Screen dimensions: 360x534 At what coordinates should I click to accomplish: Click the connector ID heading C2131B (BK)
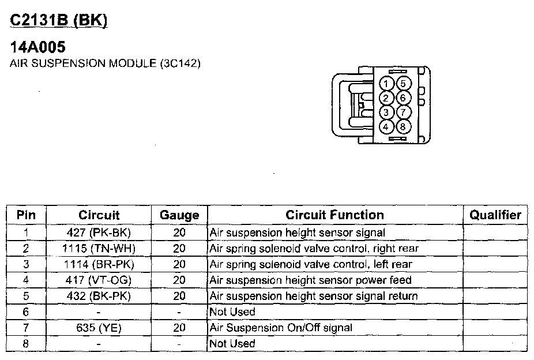[59, 20]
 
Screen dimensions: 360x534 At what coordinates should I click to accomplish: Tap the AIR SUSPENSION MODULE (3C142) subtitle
[105, 63]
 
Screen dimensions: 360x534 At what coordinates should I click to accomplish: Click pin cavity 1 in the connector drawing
[388, 84]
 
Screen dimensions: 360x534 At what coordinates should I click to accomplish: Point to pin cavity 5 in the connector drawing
[403, 84]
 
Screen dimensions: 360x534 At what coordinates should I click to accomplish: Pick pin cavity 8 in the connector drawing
[403, 126]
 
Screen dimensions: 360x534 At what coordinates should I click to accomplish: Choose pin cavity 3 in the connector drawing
[388, 112]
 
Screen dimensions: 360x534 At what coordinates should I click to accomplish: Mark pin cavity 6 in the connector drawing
[403, 98]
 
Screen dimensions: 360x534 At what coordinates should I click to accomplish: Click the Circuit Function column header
[334, 215]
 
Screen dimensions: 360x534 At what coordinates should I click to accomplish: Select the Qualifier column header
[495, 215]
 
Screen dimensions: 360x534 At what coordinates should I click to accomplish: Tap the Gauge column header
[179, 215]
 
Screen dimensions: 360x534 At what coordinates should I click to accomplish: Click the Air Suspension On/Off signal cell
[281, 328]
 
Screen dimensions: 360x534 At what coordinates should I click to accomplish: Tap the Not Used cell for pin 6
[232, 312]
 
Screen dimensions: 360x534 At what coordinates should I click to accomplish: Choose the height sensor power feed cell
[310, 280]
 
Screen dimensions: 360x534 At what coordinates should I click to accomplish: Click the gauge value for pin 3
[179, 264]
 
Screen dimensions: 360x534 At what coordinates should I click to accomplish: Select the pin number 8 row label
[26, 344]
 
